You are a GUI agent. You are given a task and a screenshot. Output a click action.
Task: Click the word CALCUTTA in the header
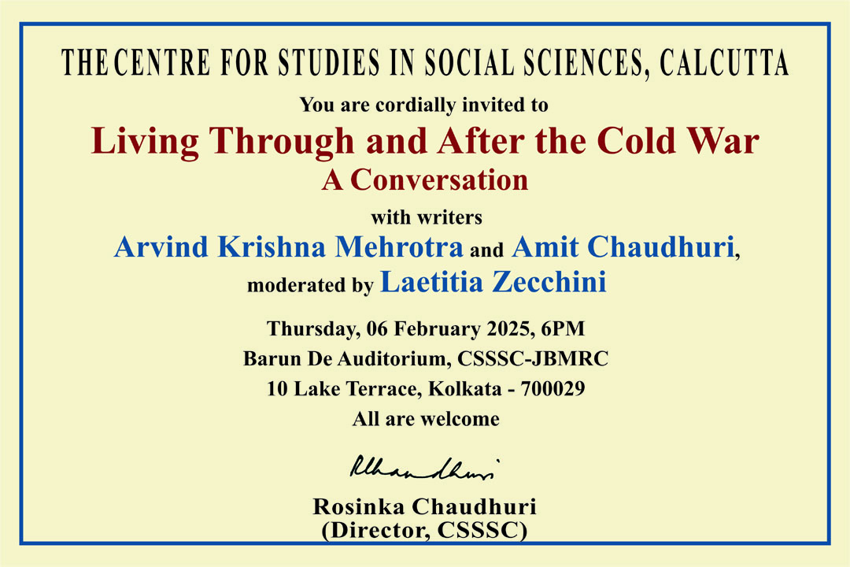coord(724,62)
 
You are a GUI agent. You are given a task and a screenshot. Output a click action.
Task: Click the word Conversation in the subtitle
coord(439,180)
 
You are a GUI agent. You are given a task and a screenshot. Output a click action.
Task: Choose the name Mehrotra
coord(398,246)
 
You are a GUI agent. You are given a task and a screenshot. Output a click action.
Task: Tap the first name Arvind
coord(161,246)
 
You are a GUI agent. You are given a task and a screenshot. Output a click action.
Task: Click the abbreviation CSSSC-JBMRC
coord(533,358)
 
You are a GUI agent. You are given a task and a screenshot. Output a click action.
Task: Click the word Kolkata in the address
coord(465,389)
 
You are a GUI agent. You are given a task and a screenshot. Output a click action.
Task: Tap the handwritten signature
coord(424,468)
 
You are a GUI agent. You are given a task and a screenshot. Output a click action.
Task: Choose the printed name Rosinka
coord(359,507)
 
